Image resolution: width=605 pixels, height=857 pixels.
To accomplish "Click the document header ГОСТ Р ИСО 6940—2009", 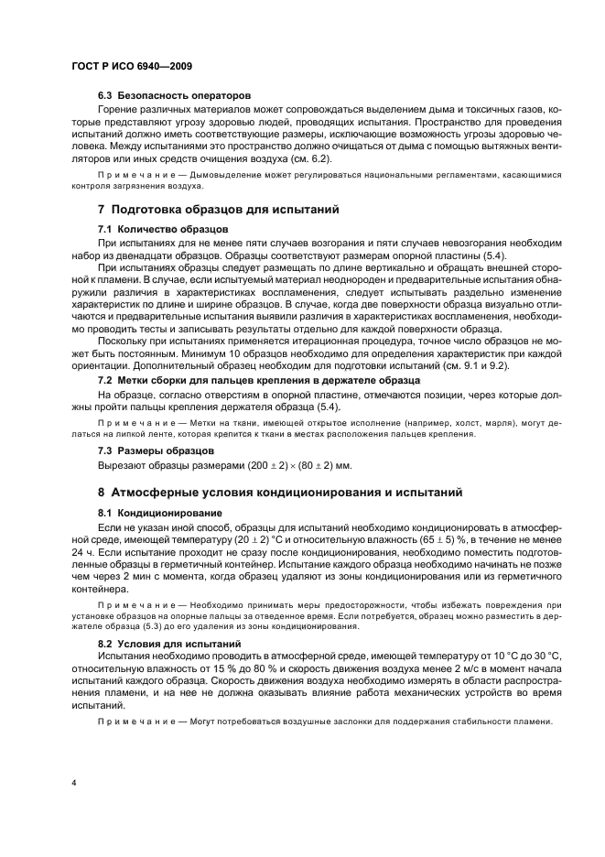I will (130, 67).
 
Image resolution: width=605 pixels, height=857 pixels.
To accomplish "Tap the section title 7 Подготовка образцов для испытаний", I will (218, 211).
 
